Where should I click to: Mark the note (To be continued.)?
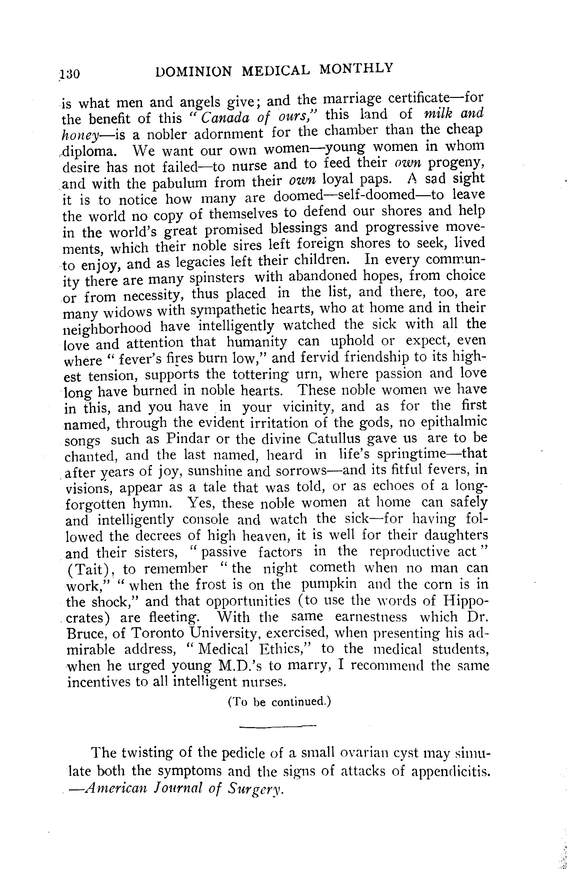coord(279,702)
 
